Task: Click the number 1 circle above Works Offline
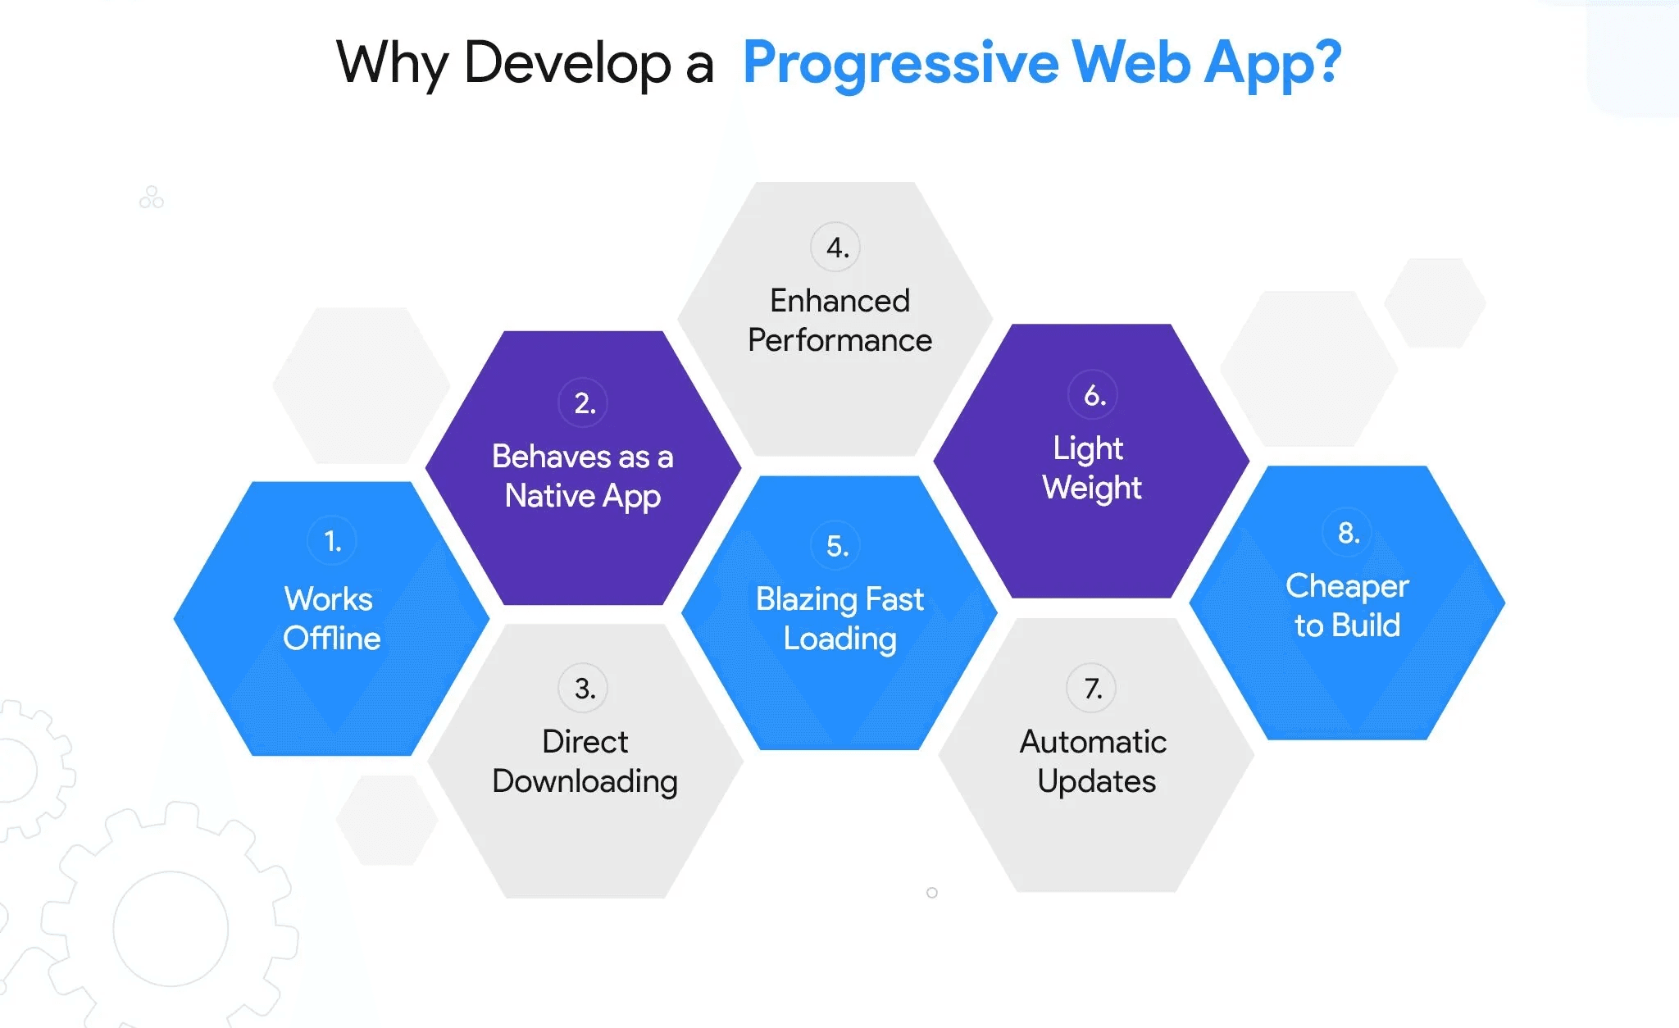(x=332, y=541)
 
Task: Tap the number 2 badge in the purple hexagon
(x=584, y=403)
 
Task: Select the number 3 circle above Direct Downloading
(x=584, y=688)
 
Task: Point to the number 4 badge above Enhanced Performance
(x=835, y=247)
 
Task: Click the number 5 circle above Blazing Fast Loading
(x=835, y=545)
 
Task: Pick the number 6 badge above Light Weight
(x=1093, y=395)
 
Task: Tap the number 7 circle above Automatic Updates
(x=1091, y=688)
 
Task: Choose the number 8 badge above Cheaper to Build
(x=1347, y=532)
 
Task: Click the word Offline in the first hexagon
(x=332, y=639)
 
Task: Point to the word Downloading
(x=585, y=781)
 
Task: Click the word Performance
(x=839, y=340)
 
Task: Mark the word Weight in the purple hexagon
(x=1092, y=488)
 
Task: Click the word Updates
(x=1096, y=781)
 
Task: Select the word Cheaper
(x=1347, y=586)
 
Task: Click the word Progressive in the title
(x=900, y=63)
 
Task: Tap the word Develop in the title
(x=567, y=63)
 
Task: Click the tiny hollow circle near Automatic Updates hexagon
(x=932, y=893)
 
